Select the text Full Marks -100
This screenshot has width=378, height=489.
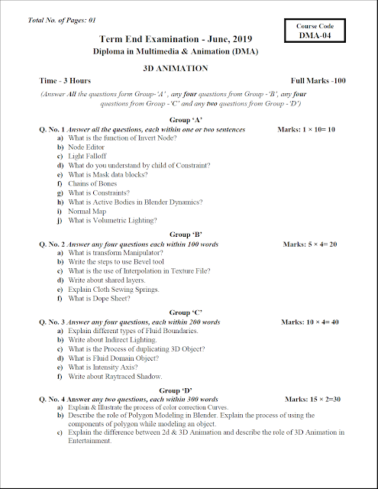click(x=318, y=81)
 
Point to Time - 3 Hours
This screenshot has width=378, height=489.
click(x=65, y=81)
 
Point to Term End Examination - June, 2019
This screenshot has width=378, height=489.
click(x=176, y=38)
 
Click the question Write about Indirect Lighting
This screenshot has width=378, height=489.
click(x=111, y=340)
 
